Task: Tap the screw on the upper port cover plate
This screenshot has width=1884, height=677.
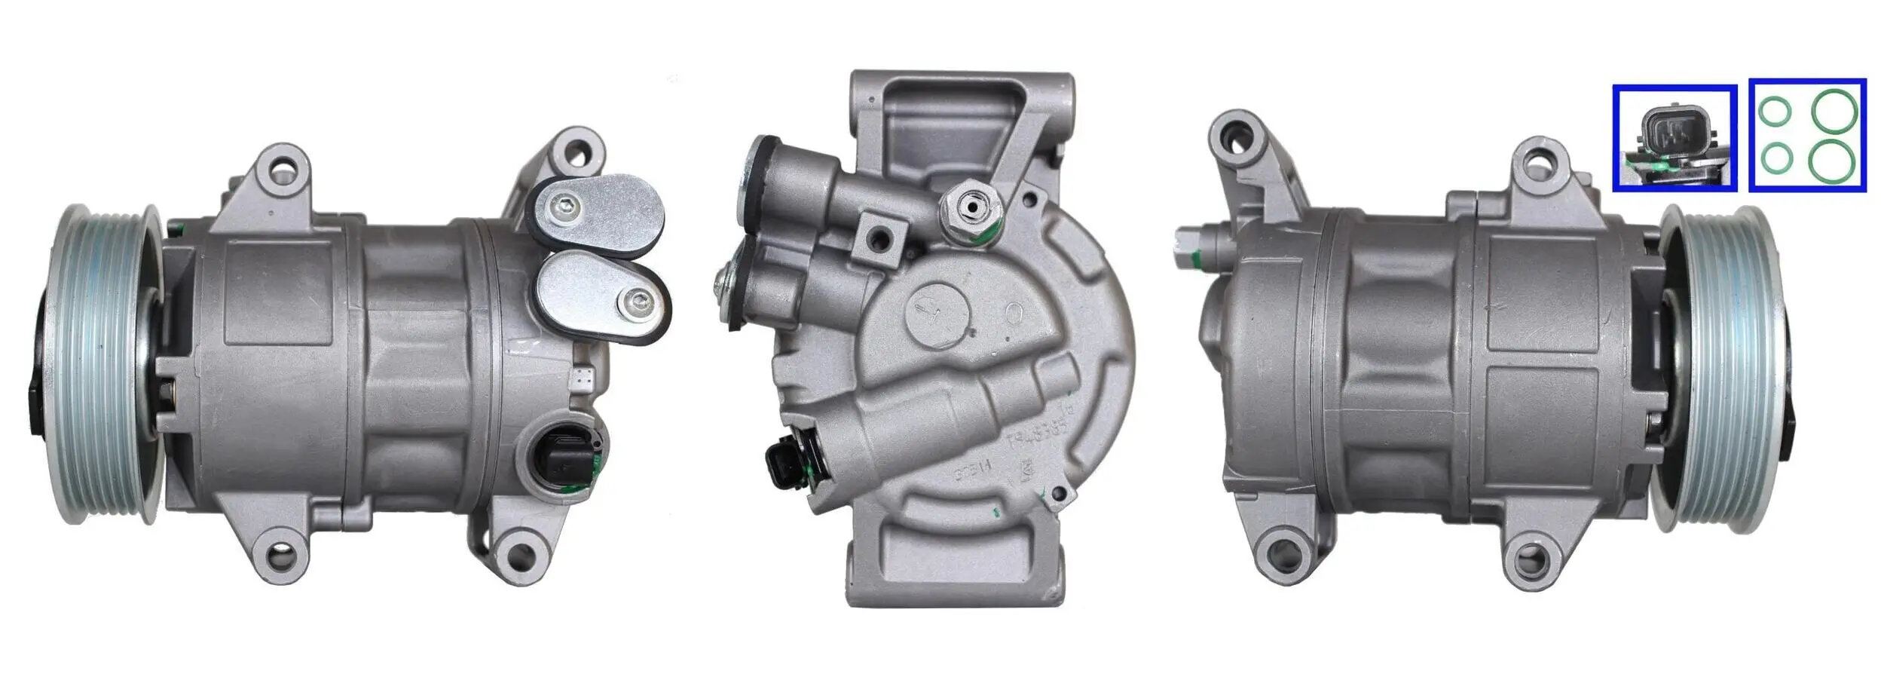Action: click(x=566, y=204)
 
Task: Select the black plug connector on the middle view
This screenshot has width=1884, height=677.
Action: click(x=784, y=459)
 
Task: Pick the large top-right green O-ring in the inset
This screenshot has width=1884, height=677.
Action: click(x=1834, y=111)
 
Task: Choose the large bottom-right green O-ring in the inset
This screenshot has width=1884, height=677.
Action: click(x=1834, y=160)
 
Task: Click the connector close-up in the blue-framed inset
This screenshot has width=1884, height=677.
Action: click(x=1674, y=138)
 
